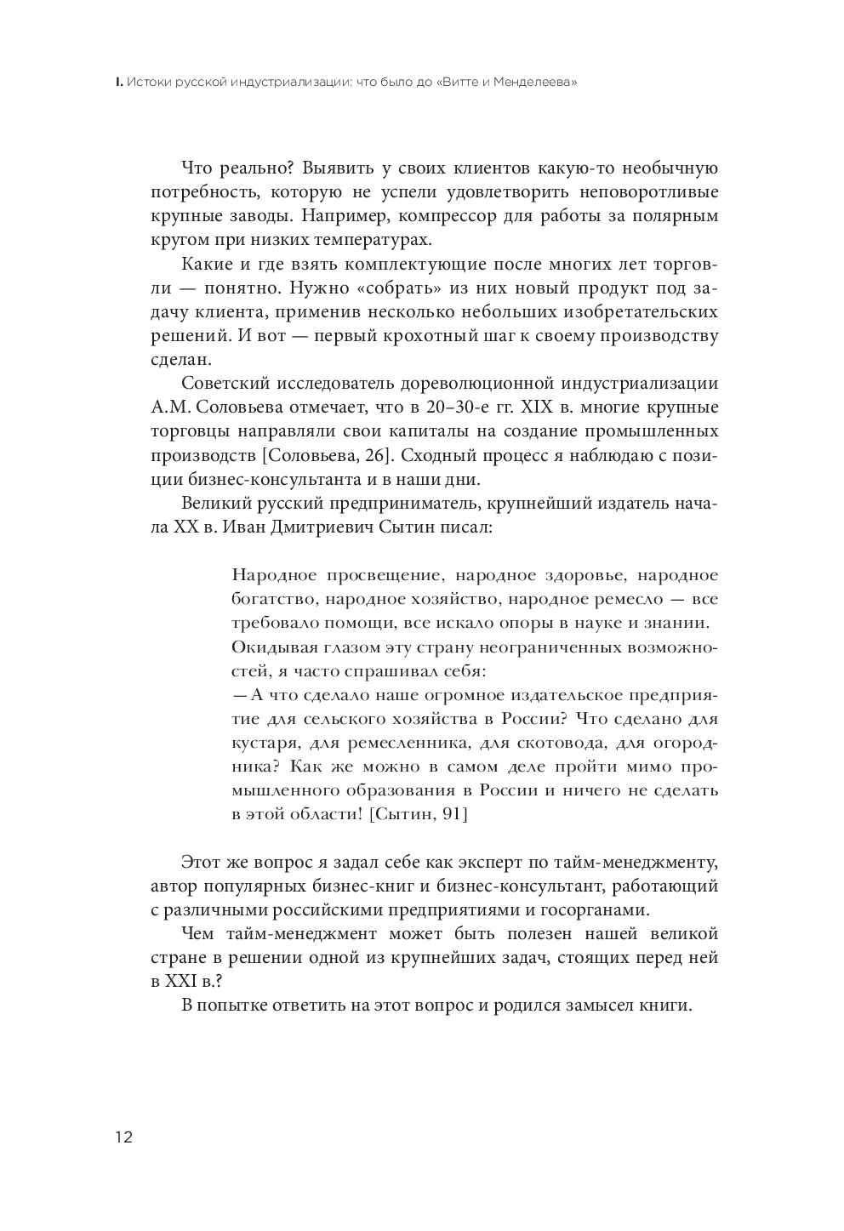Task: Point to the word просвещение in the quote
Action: (369, 575)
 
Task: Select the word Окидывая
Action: (271, 647)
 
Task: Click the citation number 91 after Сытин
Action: (452, 814)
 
